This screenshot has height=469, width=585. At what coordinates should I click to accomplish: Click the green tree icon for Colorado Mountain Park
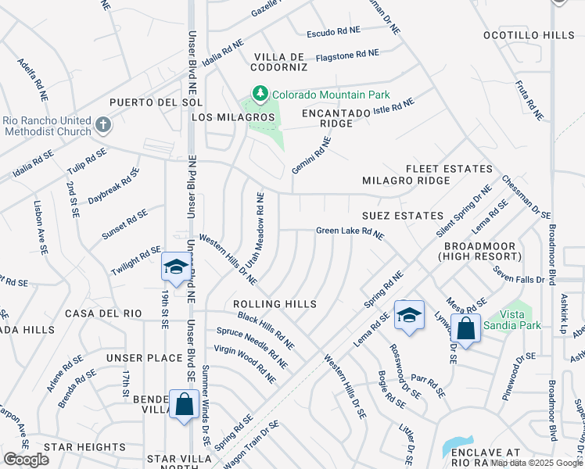[x=260, y=95]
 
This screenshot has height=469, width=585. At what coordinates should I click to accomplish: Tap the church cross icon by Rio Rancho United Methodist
[x=102, y=125]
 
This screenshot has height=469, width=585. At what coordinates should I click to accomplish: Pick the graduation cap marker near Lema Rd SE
[x=408, y=315]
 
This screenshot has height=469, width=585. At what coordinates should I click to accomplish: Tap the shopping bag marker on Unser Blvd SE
[x=184, y=406]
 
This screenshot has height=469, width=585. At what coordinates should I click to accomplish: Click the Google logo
[x=26, y=460]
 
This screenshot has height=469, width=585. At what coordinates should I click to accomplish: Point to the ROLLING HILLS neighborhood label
[x=275, y=304]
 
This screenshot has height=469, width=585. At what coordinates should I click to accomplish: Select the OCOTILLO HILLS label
[x=527, y=35]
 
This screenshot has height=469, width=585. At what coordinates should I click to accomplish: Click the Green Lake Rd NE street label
[x=350, y=232]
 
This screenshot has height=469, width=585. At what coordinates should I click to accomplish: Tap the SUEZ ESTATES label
[x=402, y=215]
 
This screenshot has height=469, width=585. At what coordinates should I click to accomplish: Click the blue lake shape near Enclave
[x=456, y=447]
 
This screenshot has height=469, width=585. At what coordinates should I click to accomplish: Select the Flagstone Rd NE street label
[x=346, y=55]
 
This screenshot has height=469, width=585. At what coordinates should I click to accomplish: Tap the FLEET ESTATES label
[x=449, y=169]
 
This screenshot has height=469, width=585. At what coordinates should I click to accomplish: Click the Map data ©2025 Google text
[x=537, y=463]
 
